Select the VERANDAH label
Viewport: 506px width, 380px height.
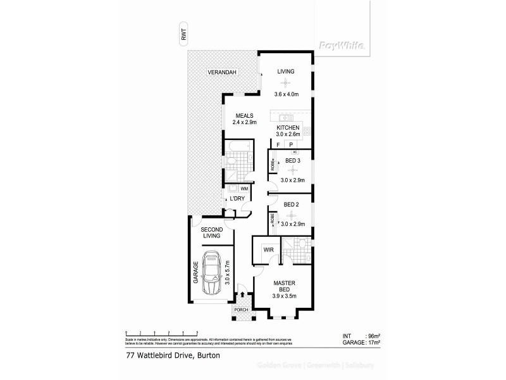(x=221, y=73)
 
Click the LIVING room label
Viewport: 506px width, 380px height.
(x=286, y=72)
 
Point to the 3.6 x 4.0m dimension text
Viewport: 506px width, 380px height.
(x=286, y=94)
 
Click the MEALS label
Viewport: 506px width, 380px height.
(x=244, y=116)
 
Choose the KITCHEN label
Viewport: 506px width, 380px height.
(x=287, y=127)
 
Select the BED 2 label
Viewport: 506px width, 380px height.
(x=291, y=205)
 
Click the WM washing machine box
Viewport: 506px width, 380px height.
(x=244, y=188)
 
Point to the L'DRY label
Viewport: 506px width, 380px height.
(x=237, y=199)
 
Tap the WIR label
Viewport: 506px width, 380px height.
(x=267, y=250)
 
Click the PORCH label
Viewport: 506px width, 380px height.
(x=241, y=310)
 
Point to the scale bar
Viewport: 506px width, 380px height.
(x=163, y=331)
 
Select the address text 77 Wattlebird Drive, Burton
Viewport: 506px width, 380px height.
(x=168, y=356)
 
